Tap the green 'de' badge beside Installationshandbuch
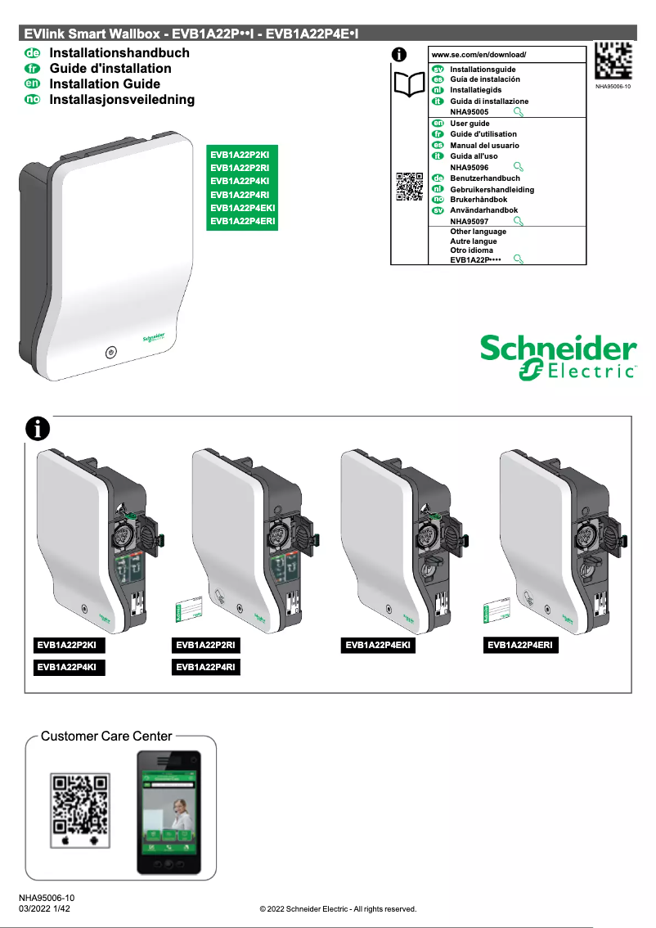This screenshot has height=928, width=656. [33, 52]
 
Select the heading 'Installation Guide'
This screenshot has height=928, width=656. [105, 83]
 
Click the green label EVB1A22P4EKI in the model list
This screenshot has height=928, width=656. [243, 208]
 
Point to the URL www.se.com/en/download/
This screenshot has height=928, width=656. [479, 54]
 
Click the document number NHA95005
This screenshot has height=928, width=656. [470, 111]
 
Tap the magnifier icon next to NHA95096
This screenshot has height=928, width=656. [517, 166]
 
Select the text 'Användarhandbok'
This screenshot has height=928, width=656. [483, 210]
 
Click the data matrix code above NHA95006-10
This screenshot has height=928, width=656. [613, 59]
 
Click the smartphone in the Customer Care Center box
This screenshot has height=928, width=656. [167, 813]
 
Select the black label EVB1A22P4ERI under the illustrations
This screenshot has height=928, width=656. [522, 646]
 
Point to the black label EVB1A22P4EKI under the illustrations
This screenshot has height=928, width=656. [379, 646]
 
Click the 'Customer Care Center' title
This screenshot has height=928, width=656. [106, 736]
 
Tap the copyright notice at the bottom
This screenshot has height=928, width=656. [338, 908]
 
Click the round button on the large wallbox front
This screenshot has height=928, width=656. [110, 353]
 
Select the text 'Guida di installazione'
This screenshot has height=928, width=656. [489, 101]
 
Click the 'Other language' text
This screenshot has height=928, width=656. [478, 232]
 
